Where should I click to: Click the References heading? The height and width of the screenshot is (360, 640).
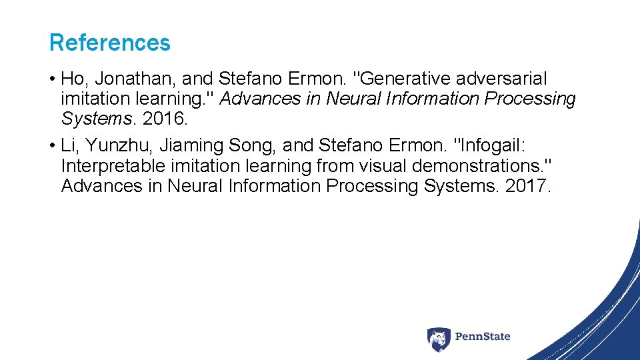(110, 43)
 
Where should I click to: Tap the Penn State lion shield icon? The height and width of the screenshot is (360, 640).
(439, 339)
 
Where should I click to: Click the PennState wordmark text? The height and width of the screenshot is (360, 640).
(483, 337)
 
